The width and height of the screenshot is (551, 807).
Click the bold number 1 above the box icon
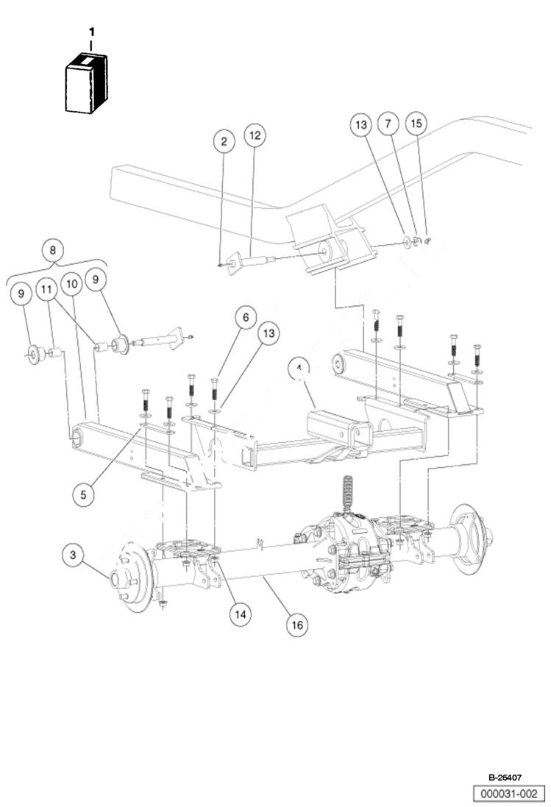91,32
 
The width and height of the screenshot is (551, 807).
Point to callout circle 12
254,135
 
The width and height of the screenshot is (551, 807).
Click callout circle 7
388,124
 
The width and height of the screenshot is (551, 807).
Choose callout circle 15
416,124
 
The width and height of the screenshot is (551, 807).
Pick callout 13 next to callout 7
361,125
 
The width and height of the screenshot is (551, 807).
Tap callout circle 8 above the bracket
53,249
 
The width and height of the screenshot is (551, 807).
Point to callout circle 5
83,494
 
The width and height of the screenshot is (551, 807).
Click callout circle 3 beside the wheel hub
72,555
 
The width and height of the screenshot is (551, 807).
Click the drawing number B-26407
506,777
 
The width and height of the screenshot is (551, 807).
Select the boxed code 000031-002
509,793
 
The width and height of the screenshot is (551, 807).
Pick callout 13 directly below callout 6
269,333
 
